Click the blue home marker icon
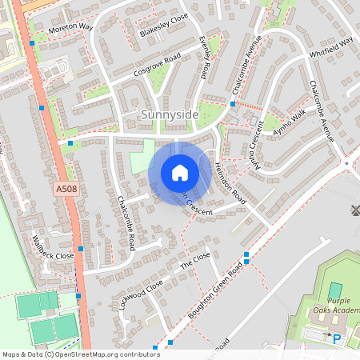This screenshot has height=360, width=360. click(179, 173)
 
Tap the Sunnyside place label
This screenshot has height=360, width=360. click(169, 115)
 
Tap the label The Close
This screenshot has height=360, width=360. click(194, 259)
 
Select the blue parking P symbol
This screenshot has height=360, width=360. click(337, 339)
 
